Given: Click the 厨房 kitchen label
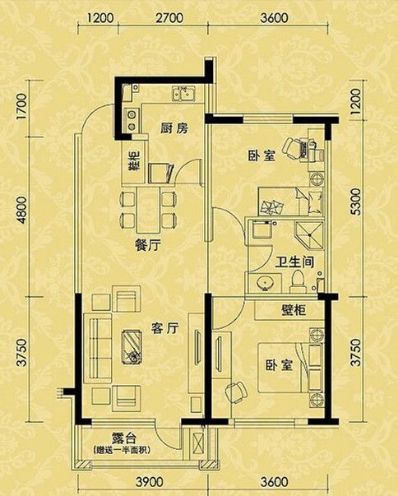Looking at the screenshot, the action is coord(174,128).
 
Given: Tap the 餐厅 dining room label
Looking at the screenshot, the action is coord(148,245).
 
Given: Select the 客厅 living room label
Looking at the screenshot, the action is coord(164,328).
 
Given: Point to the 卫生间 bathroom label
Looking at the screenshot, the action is coord(294,262).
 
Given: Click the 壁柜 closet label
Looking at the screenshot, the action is coord(294,310).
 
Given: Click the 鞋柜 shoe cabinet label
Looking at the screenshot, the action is coord(134,162).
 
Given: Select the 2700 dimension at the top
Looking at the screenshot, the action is coord(169,18).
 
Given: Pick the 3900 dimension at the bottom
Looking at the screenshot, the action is coord(150,482).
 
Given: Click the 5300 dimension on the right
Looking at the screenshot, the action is coord(355,202).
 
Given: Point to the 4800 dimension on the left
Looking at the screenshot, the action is coord(22,210).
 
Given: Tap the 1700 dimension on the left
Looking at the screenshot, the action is coord(22,106).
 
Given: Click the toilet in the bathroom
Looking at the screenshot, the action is coord(298,280).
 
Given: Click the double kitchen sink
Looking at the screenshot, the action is coord(184,94).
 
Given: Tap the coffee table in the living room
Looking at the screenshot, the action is coord(132,346).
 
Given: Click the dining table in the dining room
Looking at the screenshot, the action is coord(148,210).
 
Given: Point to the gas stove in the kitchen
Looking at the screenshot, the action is coord(132,119).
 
